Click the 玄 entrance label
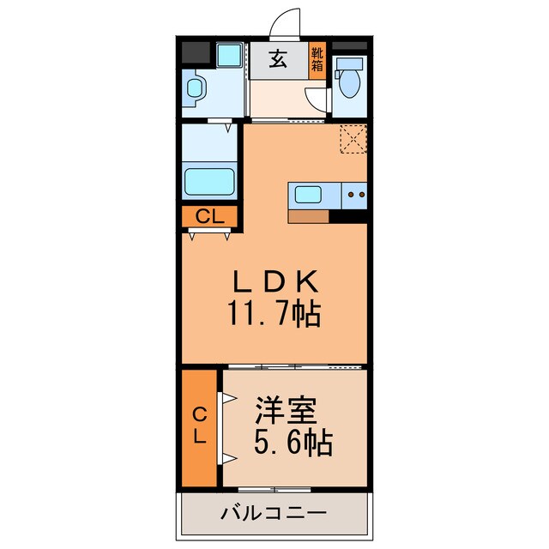[x=278, y=60]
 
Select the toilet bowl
[x=350, y=83]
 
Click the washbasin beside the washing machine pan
[x=196, y=87]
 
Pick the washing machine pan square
[x=229, y=57]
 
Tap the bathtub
[x=209, y=183]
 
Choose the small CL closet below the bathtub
[x=209, y=217]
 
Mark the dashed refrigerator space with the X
[x=353, y=139]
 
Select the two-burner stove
[x=355, y=196]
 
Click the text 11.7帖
[x=274, y=315]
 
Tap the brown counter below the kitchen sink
[x=309, y=216]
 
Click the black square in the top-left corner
[x=194, y=51]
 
